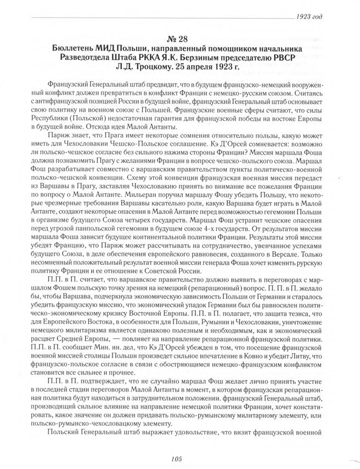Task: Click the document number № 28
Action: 180,39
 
